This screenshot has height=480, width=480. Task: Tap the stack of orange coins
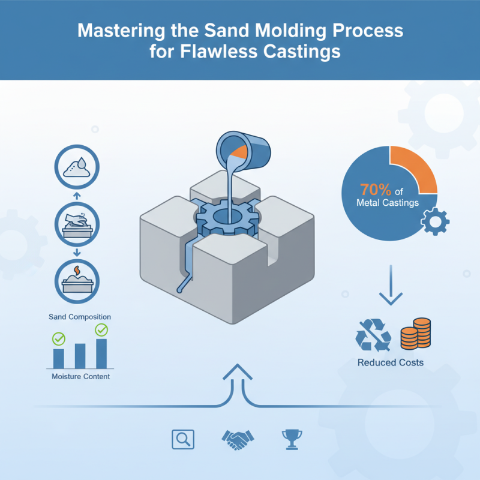click(415, 334)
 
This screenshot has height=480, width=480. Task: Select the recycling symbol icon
click(373, 334)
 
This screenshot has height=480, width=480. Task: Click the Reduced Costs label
click(390, 362)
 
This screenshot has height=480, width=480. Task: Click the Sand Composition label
click(80, 316)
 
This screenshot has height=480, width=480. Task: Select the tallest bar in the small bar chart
click(101, 353)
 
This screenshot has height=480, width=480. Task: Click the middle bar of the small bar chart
click(80, 356)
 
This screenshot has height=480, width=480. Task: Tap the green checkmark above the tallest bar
click(101, 329)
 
